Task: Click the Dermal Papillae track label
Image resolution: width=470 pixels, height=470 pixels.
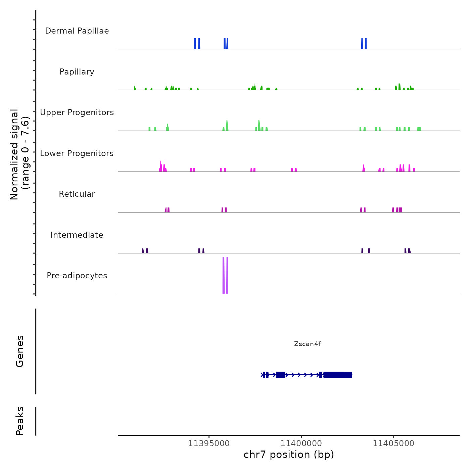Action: tap(77, 31)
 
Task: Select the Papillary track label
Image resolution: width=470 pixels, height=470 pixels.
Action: tap(77, 72)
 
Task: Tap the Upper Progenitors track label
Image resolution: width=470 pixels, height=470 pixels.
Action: tap(77, 112)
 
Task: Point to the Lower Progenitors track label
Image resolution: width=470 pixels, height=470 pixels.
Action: tap(77, 153)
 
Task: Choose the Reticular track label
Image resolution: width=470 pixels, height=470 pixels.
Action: tap(77, 194)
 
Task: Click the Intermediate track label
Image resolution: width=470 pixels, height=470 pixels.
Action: tap(77, 235)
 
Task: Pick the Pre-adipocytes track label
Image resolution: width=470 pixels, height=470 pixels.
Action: tap(77, 276)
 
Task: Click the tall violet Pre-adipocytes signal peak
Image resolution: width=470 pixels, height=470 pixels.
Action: tap(225, 275)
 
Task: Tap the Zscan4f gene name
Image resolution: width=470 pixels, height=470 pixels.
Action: tap(307, 344)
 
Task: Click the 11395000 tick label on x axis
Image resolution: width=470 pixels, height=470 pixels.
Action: tap(209, 443)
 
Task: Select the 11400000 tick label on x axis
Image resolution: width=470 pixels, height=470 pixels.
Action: tap(301, 443)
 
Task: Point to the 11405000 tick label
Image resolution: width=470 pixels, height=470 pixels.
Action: tap(393, 443)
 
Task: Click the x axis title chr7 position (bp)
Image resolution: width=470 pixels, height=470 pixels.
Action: tap(289, 455)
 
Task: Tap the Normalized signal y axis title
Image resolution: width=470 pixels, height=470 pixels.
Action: tap(19, 154)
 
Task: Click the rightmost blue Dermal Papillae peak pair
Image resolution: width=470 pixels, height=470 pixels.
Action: tap(364, 44)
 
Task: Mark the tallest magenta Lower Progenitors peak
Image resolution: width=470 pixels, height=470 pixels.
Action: tap(161, 167)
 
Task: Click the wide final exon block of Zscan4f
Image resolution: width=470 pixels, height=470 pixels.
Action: tap(337, 375)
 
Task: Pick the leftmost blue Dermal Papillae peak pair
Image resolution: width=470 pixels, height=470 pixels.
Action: tap(197, 44)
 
